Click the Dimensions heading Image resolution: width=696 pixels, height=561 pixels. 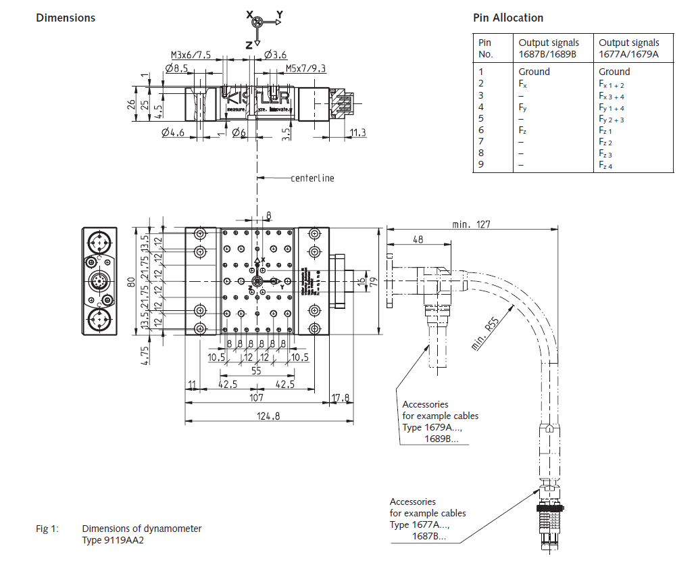tap(66, 18)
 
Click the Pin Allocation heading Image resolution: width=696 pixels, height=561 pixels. tap(508, 18)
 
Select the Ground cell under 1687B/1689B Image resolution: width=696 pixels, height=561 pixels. tap(534, 72)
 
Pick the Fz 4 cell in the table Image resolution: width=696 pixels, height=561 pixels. tap(605, 166)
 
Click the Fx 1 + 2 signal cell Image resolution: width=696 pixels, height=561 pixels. tap(611, 84)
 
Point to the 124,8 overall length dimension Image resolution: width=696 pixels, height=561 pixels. tap(268, 416)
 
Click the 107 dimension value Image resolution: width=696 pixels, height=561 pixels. tap(256, 398)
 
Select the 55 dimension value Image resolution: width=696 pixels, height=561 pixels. tap(256, 372)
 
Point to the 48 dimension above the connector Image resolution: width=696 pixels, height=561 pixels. tap(418, 239)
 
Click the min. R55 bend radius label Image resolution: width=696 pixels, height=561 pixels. tap(487, 334)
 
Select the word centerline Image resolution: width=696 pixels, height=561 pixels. tap(312, 178)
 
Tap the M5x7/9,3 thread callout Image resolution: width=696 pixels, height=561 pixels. tap(305, 68)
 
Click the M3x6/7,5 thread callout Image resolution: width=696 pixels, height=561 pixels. tap(191, 54)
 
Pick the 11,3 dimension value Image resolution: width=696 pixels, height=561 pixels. tap(358, 132)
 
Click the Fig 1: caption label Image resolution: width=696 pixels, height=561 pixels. tap(48, 529)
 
